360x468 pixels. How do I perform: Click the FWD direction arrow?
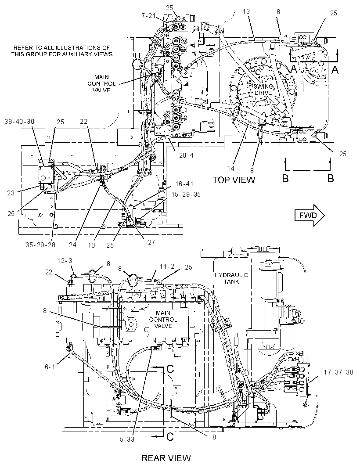pyautogui.click(x=310, y=215)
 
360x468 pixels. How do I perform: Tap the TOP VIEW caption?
pyautogui.click(x=234, y=180)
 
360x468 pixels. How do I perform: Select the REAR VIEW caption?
pyautogui.click(x=166, y=457)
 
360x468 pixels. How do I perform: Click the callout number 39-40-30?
pyautogui.click(x=19, y=122)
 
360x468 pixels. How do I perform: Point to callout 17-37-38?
pyautogui.click(x=338, y=372)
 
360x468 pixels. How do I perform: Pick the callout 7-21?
pyautogui.click(x=148, y=15)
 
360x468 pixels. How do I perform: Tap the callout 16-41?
pyautogui.click(x=184, y=184)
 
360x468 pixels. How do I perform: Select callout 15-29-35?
pyautogui.click(x=186, y=194)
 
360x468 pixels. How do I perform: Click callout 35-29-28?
pyautogui.click(x=40, y=245)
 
